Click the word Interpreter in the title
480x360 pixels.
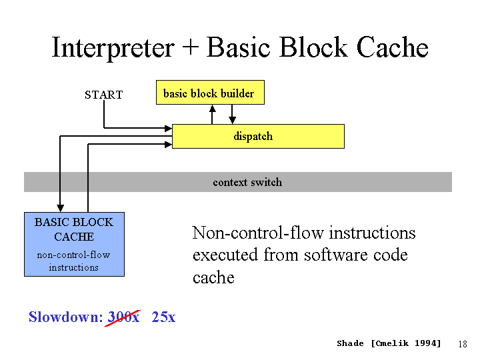click(113, 48)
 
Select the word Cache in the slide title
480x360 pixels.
click(392, 47)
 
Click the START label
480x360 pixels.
click(104, 95)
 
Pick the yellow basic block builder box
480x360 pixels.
click(210, 93)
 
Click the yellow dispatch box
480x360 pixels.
click(258, 136)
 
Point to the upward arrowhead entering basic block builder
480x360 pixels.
click(213, 109)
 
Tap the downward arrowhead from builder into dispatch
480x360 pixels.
click(233, 120)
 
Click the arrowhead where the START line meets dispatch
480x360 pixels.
click(169, 128)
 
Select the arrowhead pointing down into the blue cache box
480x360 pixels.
click(60, 209)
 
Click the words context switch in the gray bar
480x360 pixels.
click(247, 183)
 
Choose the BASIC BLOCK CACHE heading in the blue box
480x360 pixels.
click(74, 229)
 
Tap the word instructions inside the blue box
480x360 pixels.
click(74, 267)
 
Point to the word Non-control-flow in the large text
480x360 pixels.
click(258, 233)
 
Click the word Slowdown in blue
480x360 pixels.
click(66, 317)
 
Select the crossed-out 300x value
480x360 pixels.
click(123, 317)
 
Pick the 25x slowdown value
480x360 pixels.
click(163, 317)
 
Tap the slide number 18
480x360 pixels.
click(463, 344)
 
